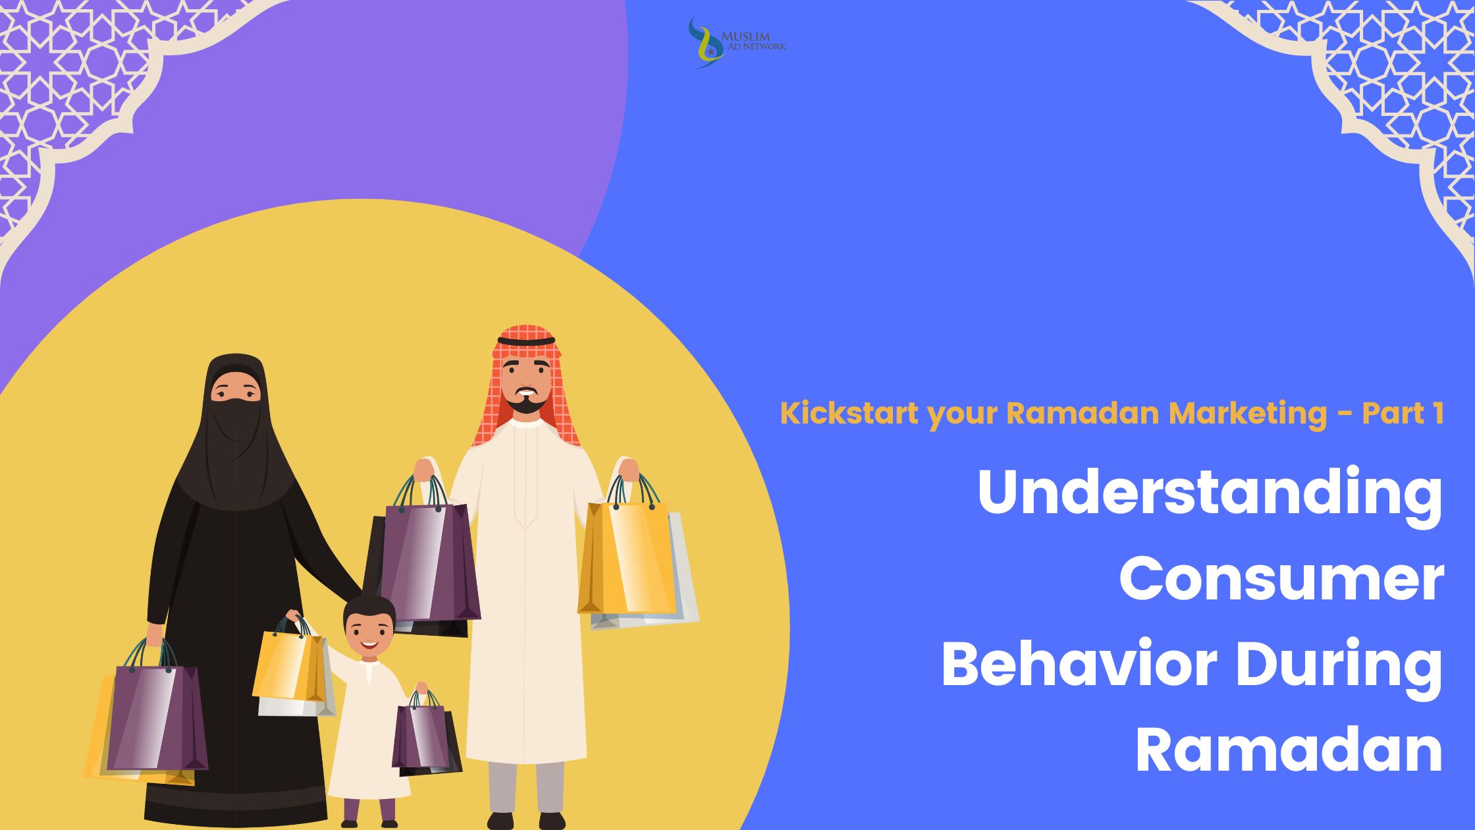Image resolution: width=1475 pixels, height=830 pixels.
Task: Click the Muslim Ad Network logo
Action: coord(736,42)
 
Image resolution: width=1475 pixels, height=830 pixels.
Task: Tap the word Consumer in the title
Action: coord(1281,580)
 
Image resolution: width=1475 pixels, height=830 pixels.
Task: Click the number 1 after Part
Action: coord(1435,413)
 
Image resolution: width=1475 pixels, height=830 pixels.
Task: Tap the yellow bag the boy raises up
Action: coord(290,665)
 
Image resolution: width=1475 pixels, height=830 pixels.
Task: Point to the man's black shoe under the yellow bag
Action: coord(552,821)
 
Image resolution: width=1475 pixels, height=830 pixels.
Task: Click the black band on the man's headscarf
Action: coord(526,341)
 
